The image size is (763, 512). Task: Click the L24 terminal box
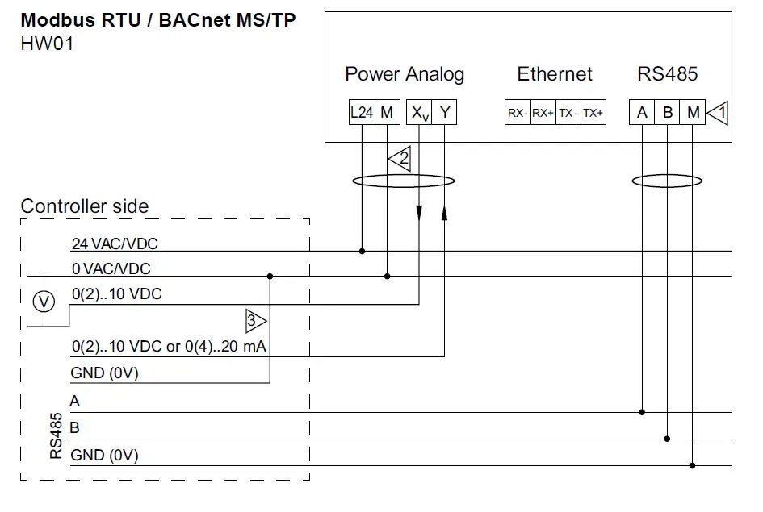point(362,113)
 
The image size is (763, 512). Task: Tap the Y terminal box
point(444,113)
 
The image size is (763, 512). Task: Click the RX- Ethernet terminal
point(518,114)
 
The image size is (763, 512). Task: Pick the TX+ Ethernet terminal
point(593,114)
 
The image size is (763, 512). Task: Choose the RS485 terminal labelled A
point(642,113)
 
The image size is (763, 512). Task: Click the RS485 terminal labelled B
point(668,113)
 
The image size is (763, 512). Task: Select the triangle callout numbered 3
point(254,321)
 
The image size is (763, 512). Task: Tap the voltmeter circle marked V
point(45,302)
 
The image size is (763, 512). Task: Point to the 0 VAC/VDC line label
point(111,268)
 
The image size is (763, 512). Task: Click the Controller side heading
point(85,206)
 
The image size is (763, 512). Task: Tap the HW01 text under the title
point(47,44)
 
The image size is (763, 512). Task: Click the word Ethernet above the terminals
point(555,74)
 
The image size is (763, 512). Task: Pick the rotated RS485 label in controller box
point(57,436)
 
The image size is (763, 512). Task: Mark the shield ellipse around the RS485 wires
point(667,181)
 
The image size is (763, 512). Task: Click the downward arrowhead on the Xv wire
point(420,214)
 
